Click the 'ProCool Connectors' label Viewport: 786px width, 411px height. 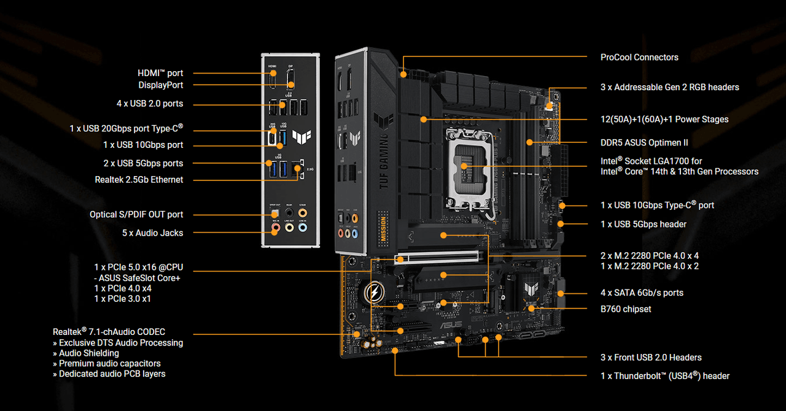(x=639, y=57)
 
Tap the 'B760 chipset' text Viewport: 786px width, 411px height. (x=626, y=309)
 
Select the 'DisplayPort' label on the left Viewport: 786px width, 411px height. (x=160, y=85)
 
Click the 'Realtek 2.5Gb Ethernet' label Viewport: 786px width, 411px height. (x=139, y=180)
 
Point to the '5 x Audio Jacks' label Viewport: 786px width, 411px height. (x=152, y=233)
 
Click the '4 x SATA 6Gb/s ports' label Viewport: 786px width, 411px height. (x=642, y=293)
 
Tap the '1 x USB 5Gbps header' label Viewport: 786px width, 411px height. (x=644, y=224)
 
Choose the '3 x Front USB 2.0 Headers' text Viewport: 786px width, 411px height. (x=651, y=357)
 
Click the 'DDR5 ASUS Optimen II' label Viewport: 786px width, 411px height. (x=644, y=142)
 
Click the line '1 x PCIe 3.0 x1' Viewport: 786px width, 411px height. (x=122, y=299)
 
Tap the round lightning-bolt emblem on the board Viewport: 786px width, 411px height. (x=373, y=294)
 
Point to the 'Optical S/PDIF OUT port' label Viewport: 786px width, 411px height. (x=136, y=215)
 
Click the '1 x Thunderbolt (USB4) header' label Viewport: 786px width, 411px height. (x=665, y=376)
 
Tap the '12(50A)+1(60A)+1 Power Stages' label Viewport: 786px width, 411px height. (x=664, y=119)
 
